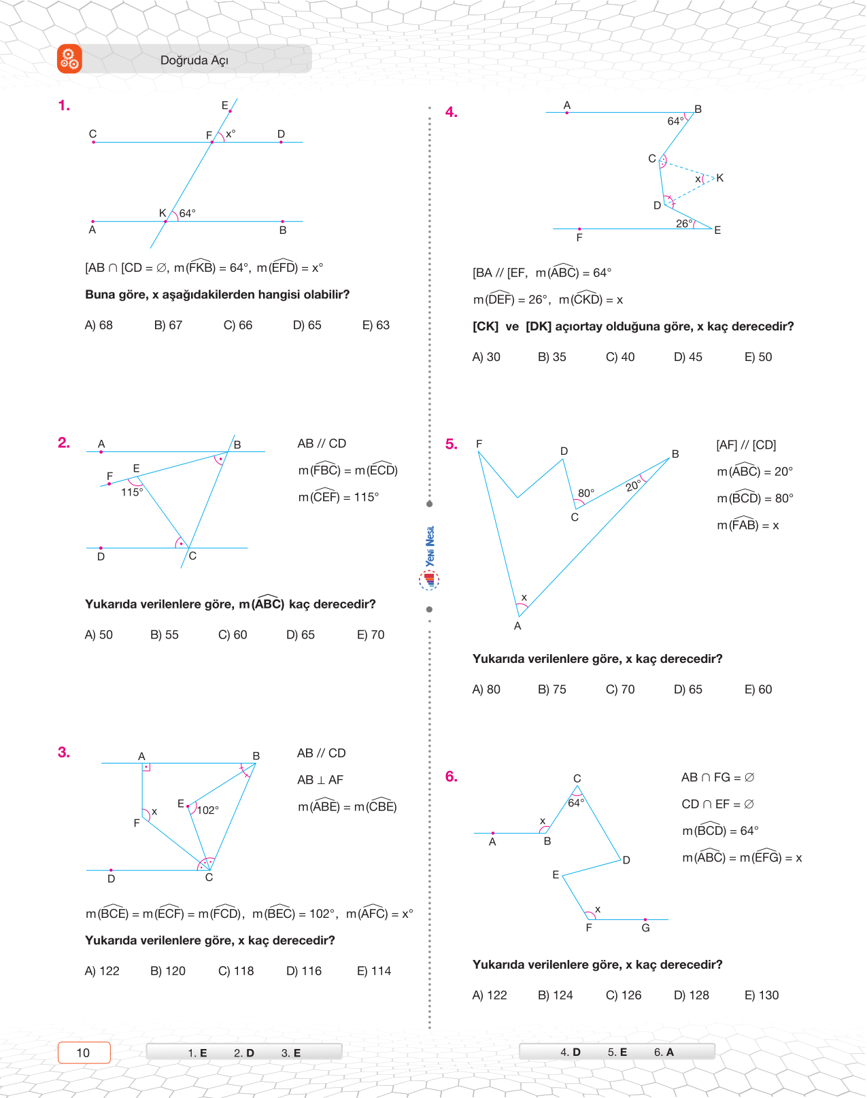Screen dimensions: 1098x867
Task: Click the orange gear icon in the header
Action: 69,59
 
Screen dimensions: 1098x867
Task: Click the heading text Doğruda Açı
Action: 194,61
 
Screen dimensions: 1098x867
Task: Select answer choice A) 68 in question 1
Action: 99,325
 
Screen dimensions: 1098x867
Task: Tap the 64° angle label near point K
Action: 187,213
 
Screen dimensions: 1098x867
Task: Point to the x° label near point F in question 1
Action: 231,134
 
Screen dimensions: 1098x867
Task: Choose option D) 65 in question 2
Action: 301,634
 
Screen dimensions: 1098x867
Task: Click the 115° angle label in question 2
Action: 132,492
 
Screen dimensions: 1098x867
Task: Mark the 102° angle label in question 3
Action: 207,810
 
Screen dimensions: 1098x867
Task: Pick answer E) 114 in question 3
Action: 374,971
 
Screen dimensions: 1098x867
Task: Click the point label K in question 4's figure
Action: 719,177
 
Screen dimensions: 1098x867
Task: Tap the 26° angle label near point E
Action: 685,223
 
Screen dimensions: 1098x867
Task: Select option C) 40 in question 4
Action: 620,357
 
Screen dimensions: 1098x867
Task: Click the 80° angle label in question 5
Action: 585,493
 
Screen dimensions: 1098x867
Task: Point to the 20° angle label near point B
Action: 633,485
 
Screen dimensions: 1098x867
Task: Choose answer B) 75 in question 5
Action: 552,689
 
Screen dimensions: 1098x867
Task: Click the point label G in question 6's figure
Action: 645,928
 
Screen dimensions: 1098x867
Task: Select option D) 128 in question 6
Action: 692,995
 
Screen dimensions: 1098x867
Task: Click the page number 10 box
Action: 84,1052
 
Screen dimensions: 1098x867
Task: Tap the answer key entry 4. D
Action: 570,1052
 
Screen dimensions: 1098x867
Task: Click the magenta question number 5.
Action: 452,444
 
